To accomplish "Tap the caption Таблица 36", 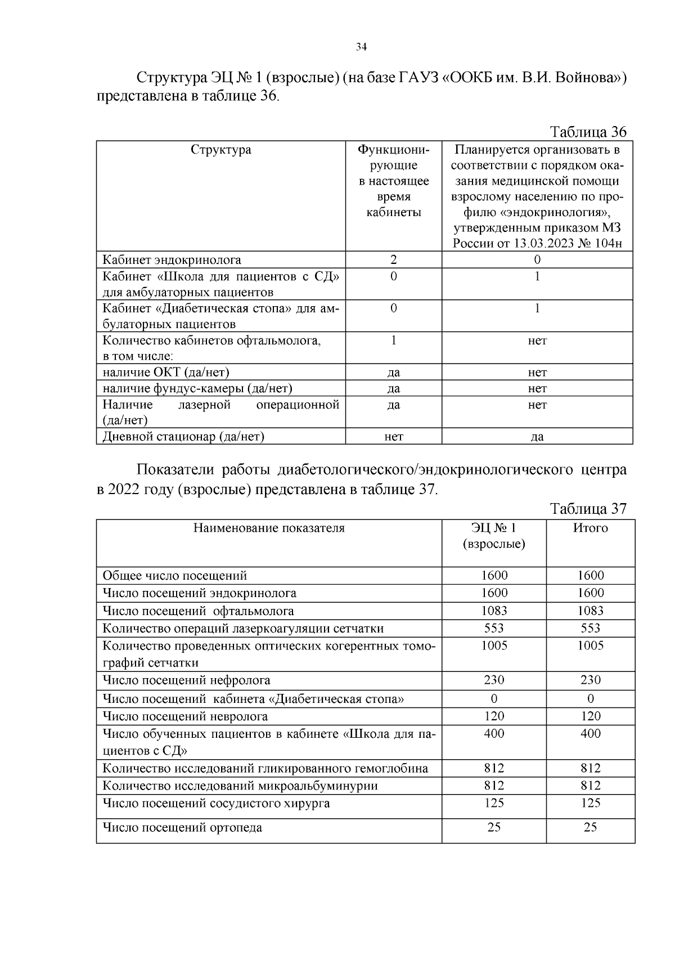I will tap(588, 132).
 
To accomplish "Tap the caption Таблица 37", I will tap(588, 509).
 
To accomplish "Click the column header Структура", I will tap(220, 150).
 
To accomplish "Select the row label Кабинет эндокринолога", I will tap(172, 260).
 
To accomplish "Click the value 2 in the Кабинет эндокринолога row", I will tap(393, 259).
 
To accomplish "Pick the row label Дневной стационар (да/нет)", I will tap(183, 436).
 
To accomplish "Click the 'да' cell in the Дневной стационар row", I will tap(537, 437).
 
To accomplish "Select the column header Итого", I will tap(590, 528).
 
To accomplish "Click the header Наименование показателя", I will tap(269, 528).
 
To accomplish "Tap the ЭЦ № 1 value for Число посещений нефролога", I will tap(494, 680).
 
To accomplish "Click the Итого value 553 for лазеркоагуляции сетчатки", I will tap(590, 628).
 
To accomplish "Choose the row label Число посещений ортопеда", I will tap(182, 827).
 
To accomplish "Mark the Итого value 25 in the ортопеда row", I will tap(590, 827).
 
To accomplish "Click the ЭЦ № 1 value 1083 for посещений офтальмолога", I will tap(494, 611).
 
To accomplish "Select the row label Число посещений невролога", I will tap(185, 716).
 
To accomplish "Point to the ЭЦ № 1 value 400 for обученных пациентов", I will tap(494, 733).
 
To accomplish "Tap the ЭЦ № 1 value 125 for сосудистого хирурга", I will tap(494, 803).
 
